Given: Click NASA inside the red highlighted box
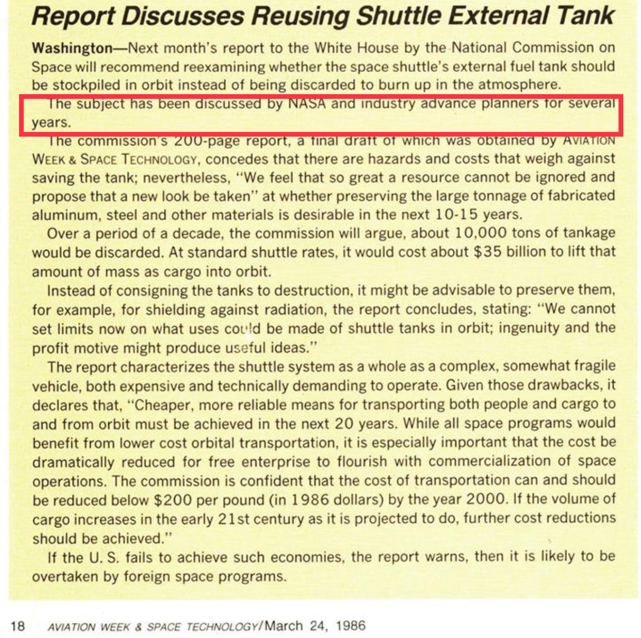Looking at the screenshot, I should (x=307, y=103).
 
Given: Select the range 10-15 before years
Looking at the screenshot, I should (x=456, y=215).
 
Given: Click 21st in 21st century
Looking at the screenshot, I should (x=234, y=519).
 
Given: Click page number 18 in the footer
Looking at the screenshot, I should (x=18, y=626).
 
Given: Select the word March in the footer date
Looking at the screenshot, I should (x=283, y=626).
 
